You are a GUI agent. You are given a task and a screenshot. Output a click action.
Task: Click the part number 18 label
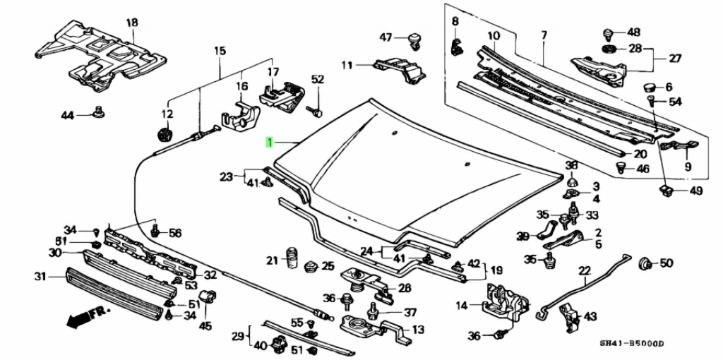pyautogui.click(x=132, y=22)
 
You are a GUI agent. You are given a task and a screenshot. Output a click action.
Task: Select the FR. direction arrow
pyautogui.click(x=82, y=316)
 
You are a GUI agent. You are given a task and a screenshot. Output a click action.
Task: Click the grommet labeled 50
pyautogui.click(x=644, y=264)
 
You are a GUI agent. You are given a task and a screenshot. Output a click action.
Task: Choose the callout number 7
pyautogui.click(x=544, y=35)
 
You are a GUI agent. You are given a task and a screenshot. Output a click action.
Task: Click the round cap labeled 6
pyautogui.click(x=647, y=87)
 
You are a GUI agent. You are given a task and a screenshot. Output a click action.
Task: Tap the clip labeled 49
pyautogui.click(x=667, y=189)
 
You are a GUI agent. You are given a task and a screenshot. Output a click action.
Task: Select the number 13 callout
pyautogui.click(x=418, y=329)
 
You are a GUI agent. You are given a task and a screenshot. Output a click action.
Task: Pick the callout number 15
pyautogui.click(x=220, y=50)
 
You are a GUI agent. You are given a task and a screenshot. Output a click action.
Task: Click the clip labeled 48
pyautogui.click(x=608, y=33)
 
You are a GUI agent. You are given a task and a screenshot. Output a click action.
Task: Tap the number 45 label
pyautogui.click(x=205, y=325)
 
